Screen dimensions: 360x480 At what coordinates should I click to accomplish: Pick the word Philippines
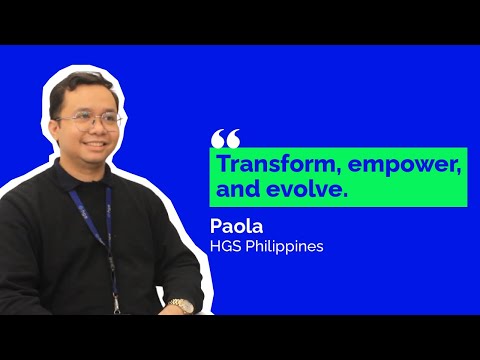tap(286, 246)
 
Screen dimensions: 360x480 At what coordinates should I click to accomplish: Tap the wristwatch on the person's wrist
tap(181, 305)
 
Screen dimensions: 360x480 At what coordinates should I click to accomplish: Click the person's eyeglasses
tap(90, 119)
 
